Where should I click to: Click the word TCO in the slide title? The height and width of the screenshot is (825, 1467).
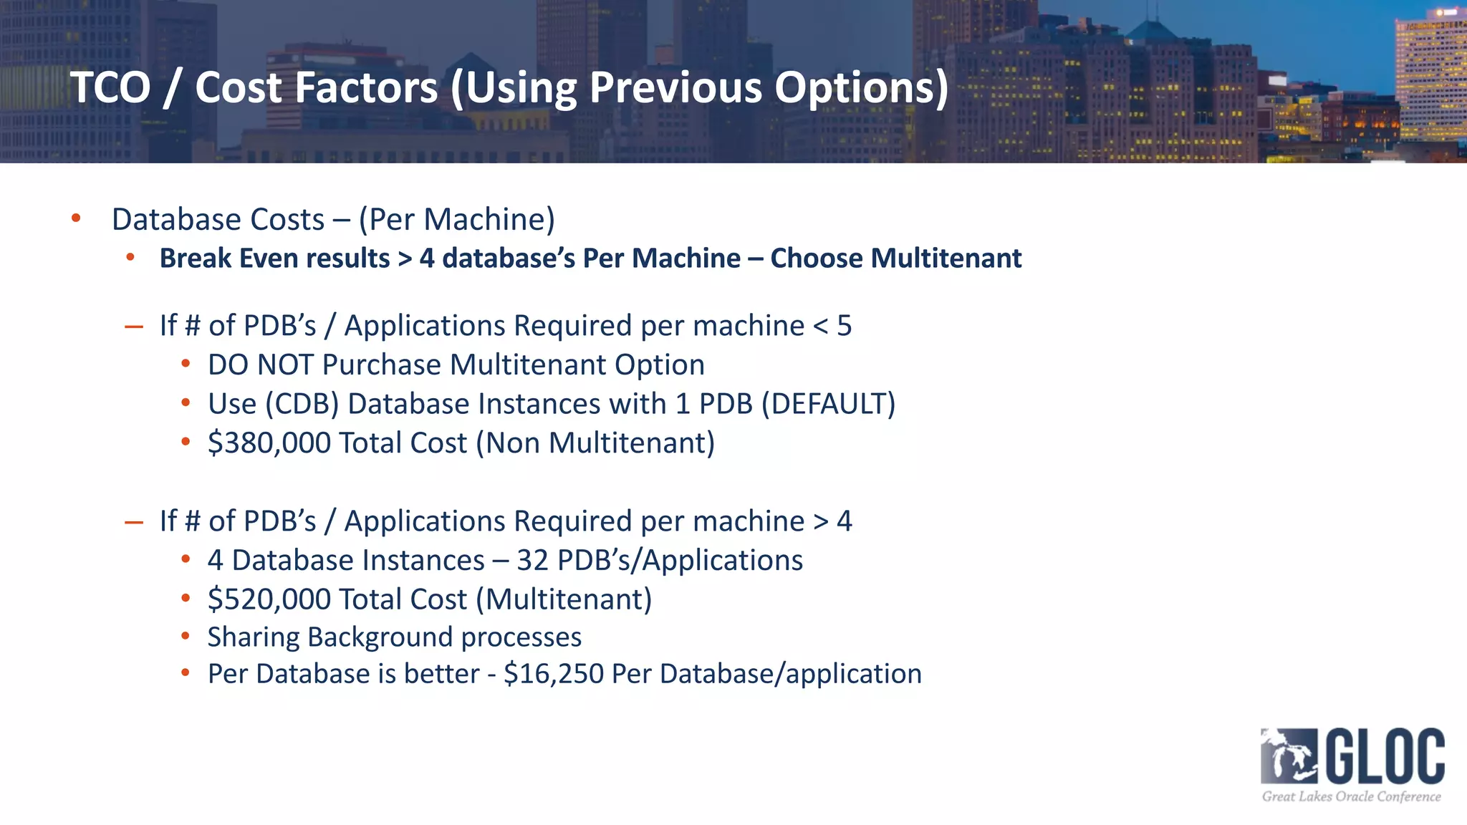click(110, 87)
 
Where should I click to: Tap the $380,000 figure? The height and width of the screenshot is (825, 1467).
click(269, 443)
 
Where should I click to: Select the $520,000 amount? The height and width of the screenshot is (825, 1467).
click(269, 599)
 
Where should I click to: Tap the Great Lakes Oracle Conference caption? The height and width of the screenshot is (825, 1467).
click(1351, 796)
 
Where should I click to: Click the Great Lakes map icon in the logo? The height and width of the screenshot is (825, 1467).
click(1289, 756)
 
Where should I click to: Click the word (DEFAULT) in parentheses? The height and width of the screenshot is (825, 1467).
click(828, 404)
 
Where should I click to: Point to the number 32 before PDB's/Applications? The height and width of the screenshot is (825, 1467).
click(532, 560)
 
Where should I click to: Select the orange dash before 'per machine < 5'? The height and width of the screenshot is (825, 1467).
click(134, 327)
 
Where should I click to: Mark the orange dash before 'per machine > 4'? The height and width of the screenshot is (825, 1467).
click(134, 523)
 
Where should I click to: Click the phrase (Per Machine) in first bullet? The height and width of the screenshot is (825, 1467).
click(456, 219)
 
